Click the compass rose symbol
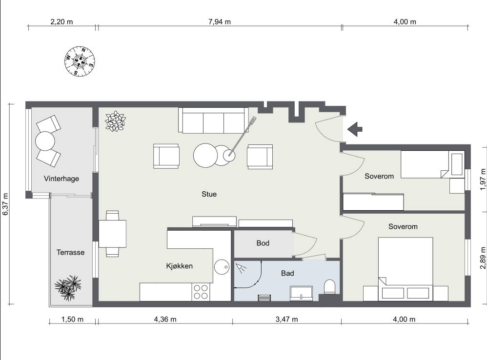click(x=80, y=61)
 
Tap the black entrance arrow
click(x=355, y=129)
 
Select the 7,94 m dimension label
click(x=220, y=22)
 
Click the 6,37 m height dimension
click(x=5, y=204)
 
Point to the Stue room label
click(x=209, y=194)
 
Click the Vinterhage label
click(x=61, y=179)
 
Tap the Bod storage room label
click(x=263, y=243)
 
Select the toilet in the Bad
click(x=329, y=287)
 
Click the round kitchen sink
click(x=222, y=267)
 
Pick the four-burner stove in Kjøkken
click(x=201, y=292)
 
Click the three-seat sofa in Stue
click(x=213, y=120)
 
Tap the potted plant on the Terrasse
click(x=68, y=288)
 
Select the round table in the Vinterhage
click(x=45, y=141)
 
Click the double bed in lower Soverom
click(x=406, y=269)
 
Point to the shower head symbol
click(x=241, y=268)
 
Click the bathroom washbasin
click(x=301, y=293)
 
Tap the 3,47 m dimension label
click(x=286, y=319)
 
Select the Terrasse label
click(x=70, y=252)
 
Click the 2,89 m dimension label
click(x=483, y=258)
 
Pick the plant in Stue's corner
click(x=115, y=121)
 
